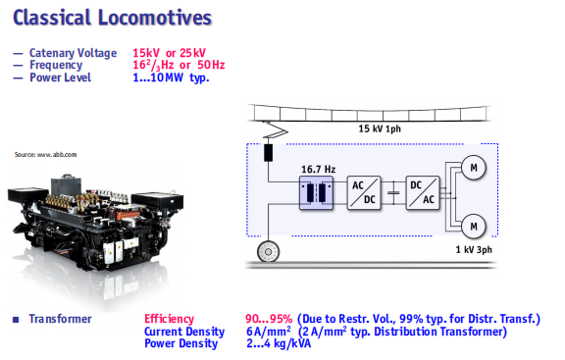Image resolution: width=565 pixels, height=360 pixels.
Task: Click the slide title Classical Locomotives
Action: click(112, 18)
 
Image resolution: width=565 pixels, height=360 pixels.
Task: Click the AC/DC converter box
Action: click(364, 193)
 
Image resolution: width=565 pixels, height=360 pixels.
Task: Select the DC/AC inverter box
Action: click(423, 193)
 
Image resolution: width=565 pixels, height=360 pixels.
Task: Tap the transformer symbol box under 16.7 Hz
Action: click(316, 193)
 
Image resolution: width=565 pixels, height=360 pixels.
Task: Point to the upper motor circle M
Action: click(474, 167)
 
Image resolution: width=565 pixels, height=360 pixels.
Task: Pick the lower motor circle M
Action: click(474, 227)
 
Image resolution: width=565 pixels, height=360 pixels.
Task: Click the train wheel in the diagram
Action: click(268, 251)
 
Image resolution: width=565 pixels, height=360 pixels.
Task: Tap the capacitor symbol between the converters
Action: click(393, 193)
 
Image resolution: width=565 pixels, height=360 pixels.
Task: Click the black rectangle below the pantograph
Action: click(268, 152)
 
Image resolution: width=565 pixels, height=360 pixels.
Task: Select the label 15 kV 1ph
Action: click(380, 129)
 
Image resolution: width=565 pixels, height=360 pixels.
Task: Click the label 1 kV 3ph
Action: click(474, 249)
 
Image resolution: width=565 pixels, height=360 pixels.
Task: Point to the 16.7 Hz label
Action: click(318, 169)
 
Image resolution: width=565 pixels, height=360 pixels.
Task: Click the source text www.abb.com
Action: click(45, 155)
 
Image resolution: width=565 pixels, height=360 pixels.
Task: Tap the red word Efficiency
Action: click(169, 319)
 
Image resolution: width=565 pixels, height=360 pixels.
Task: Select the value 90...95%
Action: click(269, 319)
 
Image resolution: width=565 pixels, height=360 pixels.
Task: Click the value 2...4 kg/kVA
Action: click(279, 343)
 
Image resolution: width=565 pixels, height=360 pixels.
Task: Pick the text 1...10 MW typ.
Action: click(171, 77)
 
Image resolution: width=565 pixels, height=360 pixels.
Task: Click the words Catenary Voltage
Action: click(74, 53)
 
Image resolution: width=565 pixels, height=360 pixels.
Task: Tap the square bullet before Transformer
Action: click(16, 319)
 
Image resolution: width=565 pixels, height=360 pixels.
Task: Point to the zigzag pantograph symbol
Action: click(276, 129)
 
